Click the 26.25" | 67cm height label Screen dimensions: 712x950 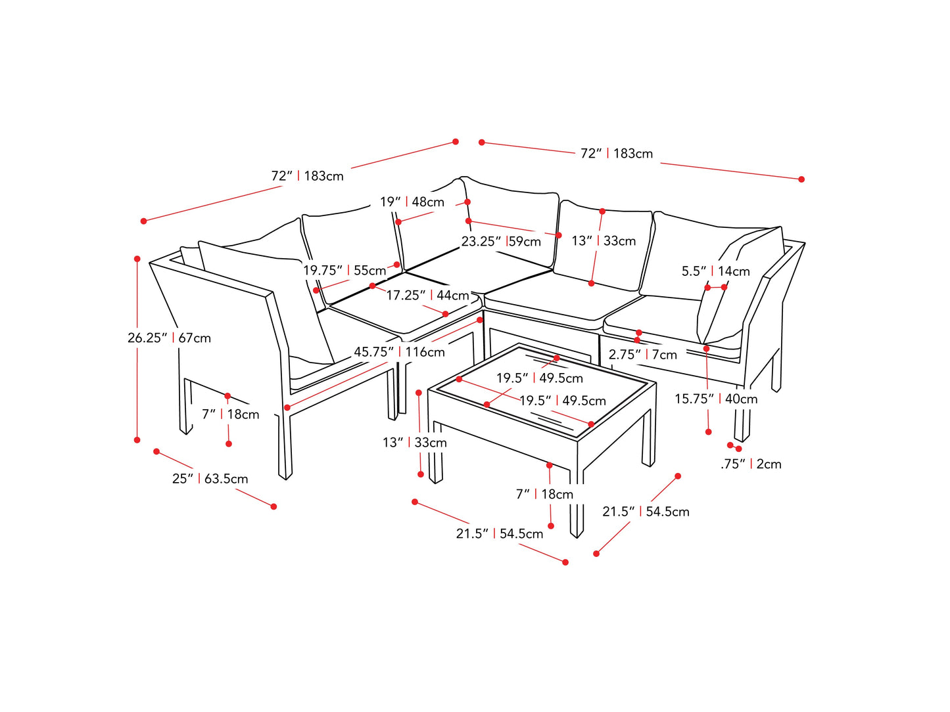[169, 338]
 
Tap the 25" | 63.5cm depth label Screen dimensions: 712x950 [210, 479]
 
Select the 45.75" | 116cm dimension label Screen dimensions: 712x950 [399, 352]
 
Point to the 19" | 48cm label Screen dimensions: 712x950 [412, 202]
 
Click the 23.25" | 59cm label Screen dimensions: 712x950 [501, 242]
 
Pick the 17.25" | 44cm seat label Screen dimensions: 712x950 [427, 296]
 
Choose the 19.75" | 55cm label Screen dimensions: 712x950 [344, 271]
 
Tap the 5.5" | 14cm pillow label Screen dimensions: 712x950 [715, 271]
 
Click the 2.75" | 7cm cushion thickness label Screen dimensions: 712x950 [642, 355]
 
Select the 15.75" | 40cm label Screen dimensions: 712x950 [716, 399]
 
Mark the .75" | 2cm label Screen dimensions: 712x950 [751, 464]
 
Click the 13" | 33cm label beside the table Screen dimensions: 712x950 [415, 443]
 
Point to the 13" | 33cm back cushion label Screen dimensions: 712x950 [604, 241]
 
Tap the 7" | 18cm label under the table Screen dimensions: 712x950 [544, 494]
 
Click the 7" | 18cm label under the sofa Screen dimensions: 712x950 [230, 414]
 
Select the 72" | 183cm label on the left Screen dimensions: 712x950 [307, 176]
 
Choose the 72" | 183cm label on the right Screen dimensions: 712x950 [616, 154]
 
